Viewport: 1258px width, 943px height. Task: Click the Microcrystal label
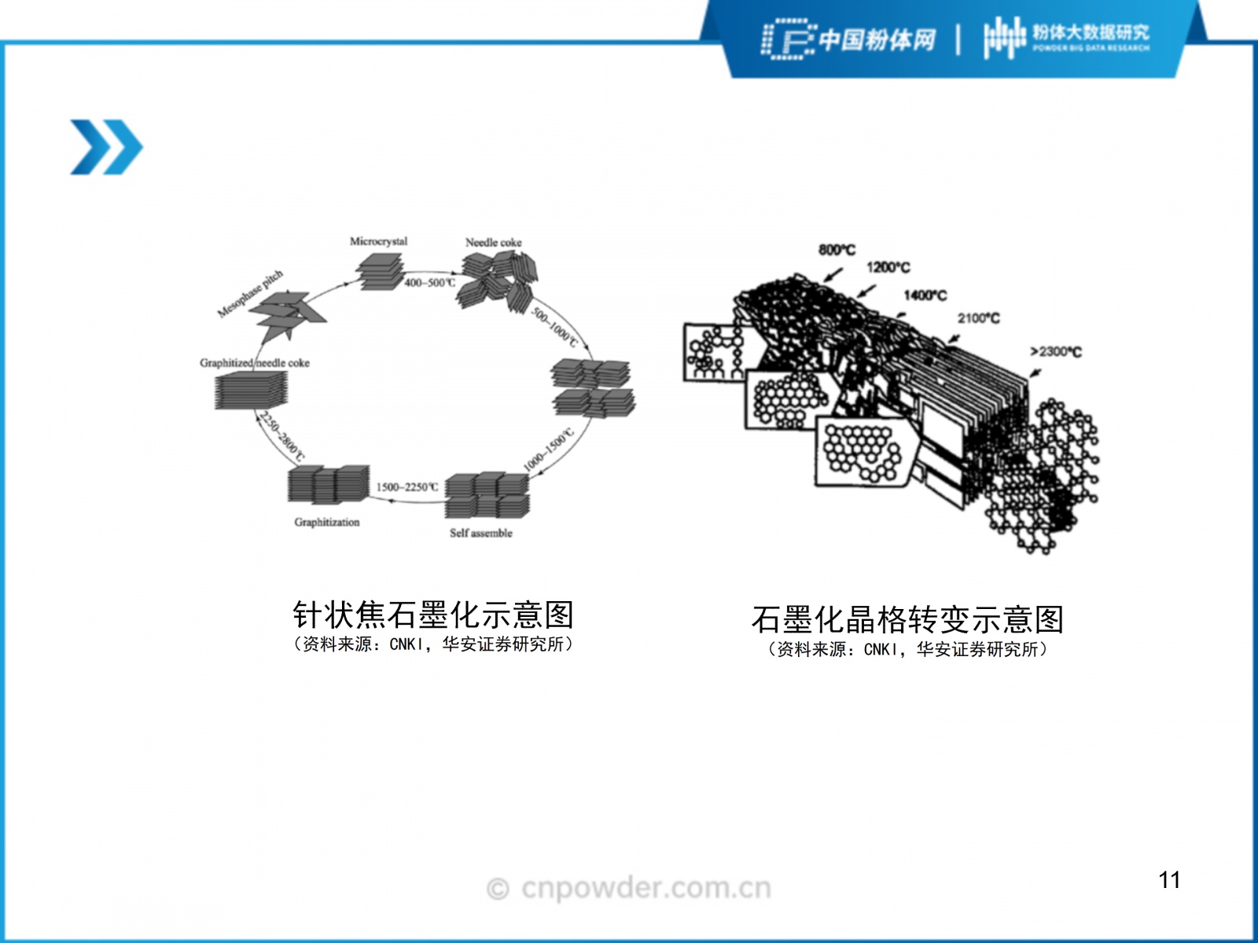pyautogui.click(x=378, y=241)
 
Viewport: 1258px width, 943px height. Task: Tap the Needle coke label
pyautogui.click(x=493, y=242)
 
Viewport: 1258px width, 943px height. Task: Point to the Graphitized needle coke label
pyautogui.click(x=254, y=362)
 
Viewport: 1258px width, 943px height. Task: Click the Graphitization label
pyautogui.click(x=326, y=522)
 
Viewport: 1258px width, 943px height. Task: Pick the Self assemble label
pyautogui.click(x=480, y=533)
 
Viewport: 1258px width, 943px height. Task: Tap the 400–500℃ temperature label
pyautogui.click(x=429, y=282)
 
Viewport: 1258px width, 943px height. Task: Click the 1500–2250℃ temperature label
pyautogui.click(x=406, y=487)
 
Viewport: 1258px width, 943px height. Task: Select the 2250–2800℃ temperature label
pyautogui.click(x=281, y=436)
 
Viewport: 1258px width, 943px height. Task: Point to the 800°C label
pyautogui.click(x=837, y=249)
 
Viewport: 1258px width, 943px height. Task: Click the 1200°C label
pyautogui.click(x=888, y=267)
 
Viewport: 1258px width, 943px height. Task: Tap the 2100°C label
pyautogui.click(x=978, y=317)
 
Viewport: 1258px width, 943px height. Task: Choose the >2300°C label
pyautogui.click(x=1055, y=351)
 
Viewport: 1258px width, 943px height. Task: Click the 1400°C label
pyautogui.click(x=925, y=295)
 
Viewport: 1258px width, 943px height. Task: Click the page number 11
pyautogui.click(x=1169, y=879)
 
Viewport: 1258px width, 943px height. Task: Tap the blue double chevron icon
pyautogui.click(x=106, y=147)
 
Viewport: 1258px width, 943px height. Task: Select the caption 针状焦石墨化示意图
pyautogui.click(x=433, y=615)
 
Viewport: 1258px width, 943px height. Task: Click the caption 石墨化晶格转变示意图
pyautogui.click(x=907, y=619)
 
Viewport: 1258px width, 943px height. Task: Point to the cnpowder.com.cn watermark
pyautogui.click(x=629, y=888)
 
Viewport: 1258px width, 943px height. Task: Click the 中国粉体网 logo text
pyautogui.click(x=877, y=39)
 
